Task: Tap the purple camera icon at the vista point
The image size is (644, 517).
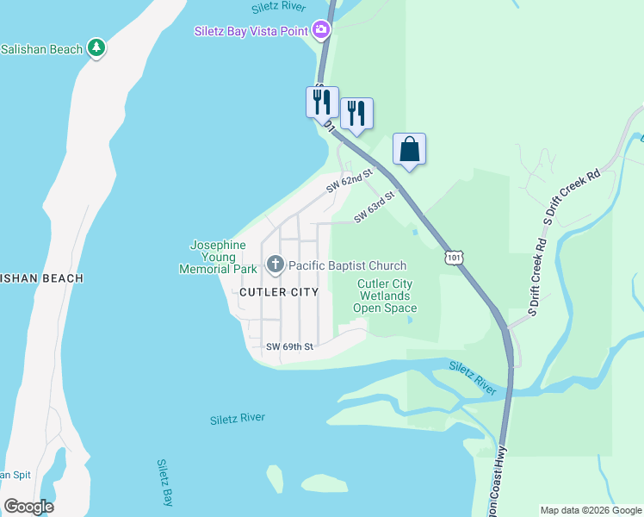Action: pyautogui.click(x=321, y=31)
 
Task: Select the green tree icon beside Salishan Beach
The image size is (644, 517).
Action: pyautogui.click(x=98, y=48)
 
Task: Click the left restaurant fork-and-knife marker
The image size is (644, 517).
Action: pyautogui.click(x=322, y=102)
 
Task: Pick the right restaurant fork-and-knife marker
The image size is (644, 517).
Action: pyautogui.click(x=356, y=113)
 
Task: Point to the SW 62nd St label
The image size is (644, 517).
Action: pyautogui.click(x=348, y=181)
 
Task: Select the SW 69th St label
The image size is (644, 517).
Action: pyautogui.click(x=288, y=346)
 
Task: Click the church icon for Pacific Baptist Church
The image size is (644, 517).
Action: pyautogui.click(x=275, y=265)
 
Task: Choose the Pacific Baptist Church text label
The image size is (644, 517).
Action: pyautogui.click(x=347, y=265)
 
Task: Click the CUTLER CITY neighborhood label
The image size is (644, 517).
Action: pyautogui.click(x=279, y=292)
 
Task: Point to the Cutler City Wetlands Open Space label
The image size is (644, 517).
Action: pyautogui.click(x=385, y=296)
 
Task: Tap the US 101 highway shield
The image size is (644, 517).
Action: pyautogui.click(x=454, y=257)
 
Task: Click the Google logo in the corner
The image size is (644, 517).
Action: pyautogui.click(x=28, y=506)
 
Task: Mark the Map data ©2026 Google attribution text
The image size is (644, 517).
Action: pyautogui.click(x=590, y=510)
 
